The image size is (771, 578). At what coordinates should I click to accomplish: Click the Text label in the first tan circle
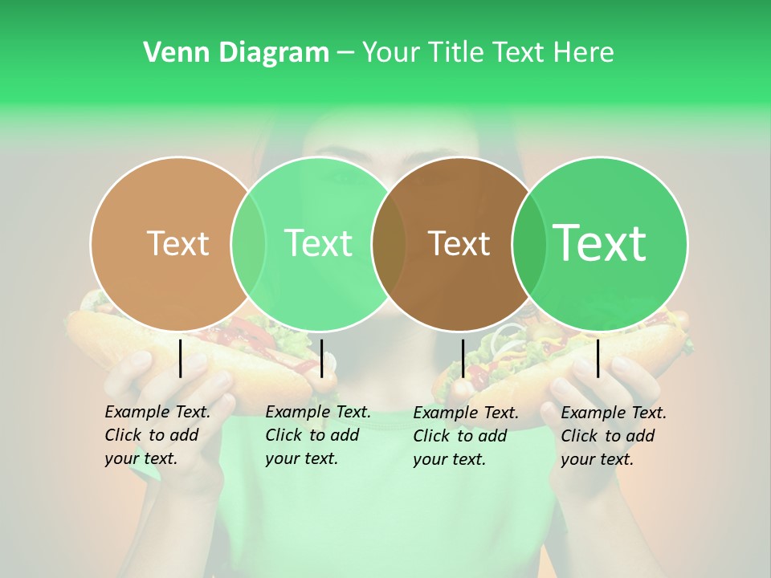[177, 243]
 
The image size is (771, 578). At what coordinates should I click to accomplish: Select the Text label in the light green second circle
[318, 243]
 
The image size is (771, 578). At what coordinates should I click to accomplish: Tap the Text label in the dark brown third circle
[459, 243]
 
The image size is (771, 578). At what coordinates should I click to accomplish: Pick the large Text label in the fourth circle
[599, 242]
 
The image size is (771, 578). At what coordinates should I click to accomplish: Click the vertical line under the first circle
[181, 358]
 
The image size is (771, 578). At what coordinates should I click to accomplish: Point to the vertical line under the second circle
[321, 358]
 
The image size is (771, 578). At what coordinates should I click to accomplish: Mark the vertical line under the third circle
[463, 358]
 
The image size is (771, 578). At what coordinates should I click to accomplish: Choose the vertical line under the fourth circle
[598, 358]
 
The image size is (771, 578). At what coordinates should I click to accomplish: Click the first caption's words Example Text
[157, 412]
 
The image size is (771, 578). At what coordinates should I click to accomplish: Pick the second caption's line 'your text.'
[301, 458]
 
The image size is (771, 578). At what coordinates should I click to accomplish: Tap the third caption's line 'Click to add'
[459, 436]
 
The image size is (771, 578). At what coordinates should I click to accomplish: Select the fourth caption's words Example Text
[614, 413]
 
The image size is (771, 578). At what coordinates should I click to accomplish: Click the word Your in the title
[390, 53]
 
